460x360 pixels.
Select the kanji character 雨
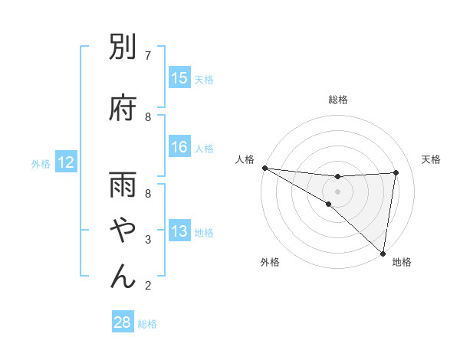click(123, 187)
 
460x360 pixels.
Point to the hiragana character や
click(123, 231)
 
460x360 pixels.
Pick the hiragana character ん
click(123, 276)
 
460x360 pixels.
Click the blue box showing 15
click(179, 78)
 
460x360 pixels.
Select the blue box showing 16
click(179, 148)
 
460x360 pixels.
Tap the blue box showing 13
click(179, 232)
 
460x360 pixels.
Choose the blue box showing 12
click(65, 162)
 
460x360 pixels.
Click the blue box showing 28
click(123, 322)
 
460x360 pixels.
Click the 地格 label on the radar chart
click(402, 262)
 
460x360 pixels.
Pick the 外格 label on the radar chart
click(270, 262)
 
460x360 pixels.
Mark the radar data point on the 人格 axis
click(264, 168)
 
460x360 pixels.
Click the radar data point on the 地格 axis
click(383, 253)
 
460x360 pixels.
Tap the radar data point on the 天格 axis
click(396, 172)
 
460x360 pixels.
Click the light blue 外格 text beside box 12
click(41, 163)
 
